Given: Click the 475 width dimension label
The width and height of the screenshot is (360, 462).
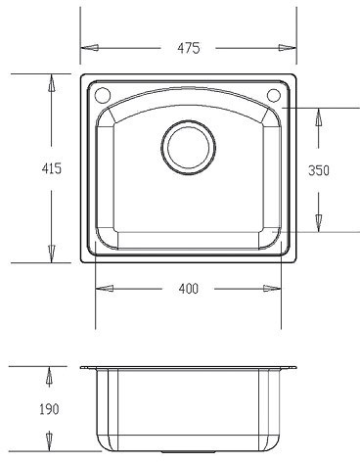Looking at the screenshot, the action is (188, 48).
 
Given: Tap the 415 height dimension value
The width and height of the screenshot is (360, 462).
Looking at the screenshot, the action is (52, 168).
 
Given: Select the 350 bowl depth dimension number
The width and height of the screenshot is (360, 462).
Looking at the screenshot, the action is (319, 170).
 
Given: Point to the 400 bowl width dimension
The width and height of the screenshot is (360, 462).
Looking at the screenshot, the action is (188, 289).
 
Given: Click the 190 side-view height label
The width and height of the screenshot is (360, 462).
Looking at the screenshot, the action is (49, 409).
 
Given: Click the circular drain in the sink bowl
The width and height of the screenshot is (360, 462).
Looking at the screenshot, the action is (189, 147).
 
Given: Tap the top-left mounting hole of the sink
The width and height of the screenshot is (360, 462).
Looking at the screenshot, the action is (102, 95).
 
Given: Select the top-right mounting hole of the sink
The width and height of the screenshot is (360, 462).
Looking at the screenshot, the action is (274, 95).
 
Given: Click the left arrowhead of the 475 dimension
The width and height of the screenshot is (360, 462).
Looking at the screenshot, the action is (89, 48).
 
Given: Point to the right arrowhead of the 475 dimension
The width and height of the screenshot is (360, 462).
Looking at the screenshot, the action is (288, 48).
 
